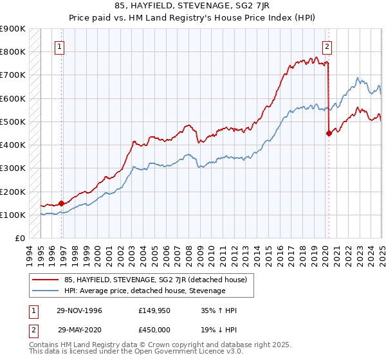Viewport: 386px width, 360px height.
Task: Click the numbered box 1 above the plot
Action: [59, 46]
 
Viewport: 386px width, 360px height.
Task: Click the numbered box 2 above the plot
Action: [327, 46]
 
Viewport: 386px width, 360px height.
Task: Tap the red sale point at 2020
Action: [329, 134]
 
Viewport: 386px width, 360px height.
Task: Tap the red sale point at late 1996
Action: [62, 203]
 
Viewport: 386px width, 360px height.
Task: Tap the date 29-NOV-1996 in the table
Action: [80, 310]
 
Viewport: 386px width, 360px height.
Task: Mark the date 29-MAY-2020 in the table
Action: [80, 329]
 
